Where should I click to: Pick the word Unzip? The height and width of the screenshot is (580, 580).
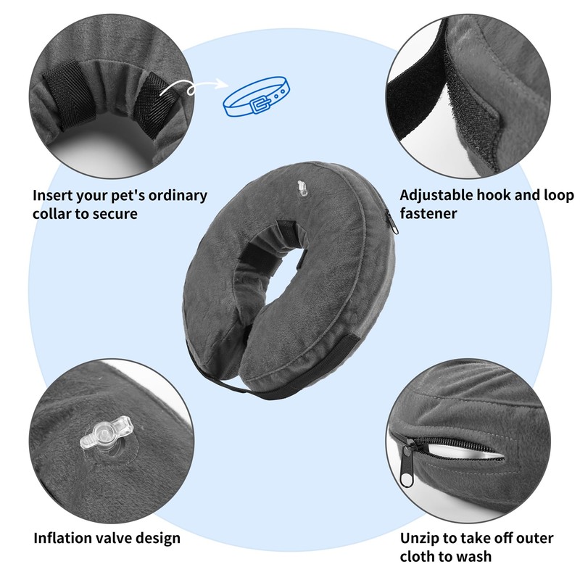coord(420,538)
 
